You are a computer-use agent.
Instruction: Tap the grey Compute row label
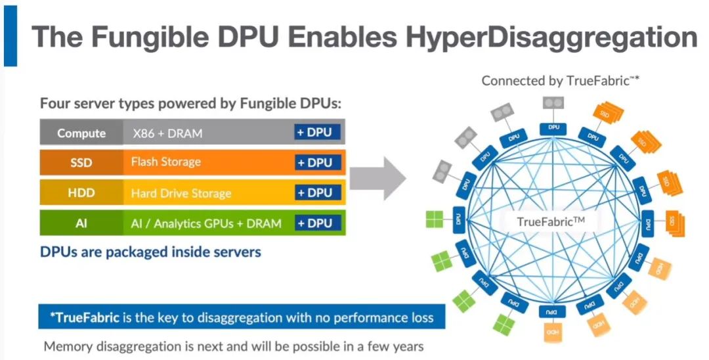coord(81,133)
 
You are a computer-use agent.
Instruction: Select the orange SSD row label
coord(81,163)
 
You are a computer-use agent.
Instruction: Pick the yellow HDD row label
coord(81,193)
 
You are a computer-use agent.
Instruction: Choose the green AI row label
coord(81,223)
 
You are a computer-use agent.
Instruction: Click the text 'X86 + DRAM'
coord(167,133)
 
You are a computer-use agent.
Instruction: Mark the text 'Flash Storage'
coord(165,162)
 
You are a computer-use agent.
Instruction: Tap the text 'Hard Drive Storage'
coord(181,193)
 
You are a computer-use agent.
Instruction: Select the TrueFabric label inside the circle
coord(551,221)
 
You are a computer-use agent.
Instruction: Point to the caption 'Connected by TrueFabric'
coord(560,81)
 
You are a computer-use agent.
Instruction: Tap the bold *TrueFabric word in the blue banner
coord(83,318)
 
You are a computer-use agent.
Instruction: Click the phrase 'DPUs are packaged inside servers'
coord(150,252)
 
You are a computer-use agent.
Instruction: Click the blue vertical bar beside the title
coord(10,34)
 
